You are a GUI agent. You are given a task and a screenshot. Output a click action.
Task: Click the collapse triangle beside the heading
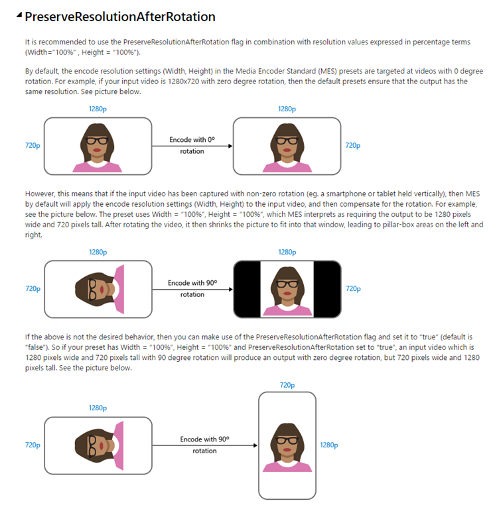coord(19,16)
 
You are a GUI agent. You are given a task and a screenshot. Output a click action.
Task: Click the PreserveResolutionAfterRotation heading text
coord(119,15)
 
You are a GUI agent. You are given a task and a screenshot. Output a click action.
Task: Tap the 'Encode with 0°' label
coord(192,140)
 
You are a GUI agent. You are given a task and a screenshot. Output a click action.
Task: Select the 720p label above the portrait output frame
coord(287,384)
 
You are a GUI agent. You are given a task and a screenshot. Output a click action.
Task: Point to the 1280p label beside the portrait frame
coord(328,445)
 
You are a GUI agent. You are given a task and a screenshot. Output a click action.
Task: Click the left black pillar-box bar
coord(247,288)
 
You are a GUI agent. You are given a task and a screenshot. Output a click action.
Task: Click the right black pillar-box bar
coord(327,288)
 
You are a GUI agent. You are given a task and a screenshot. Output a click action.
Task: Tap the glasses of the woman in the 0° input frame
coord(98,141)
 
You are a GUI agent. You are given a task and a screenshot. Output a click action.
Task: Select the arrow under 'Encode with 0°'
coord(192,146)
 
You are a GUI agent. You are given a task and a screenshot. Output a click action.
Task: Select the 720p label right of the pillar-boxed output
coord(353,288)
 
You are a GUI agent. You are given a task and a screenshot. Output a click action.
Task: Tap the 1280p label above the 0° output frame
coord(287,109)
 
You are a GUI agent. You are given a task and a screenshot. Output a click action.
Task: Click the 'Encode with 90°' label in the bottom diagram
coord(204,439)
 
